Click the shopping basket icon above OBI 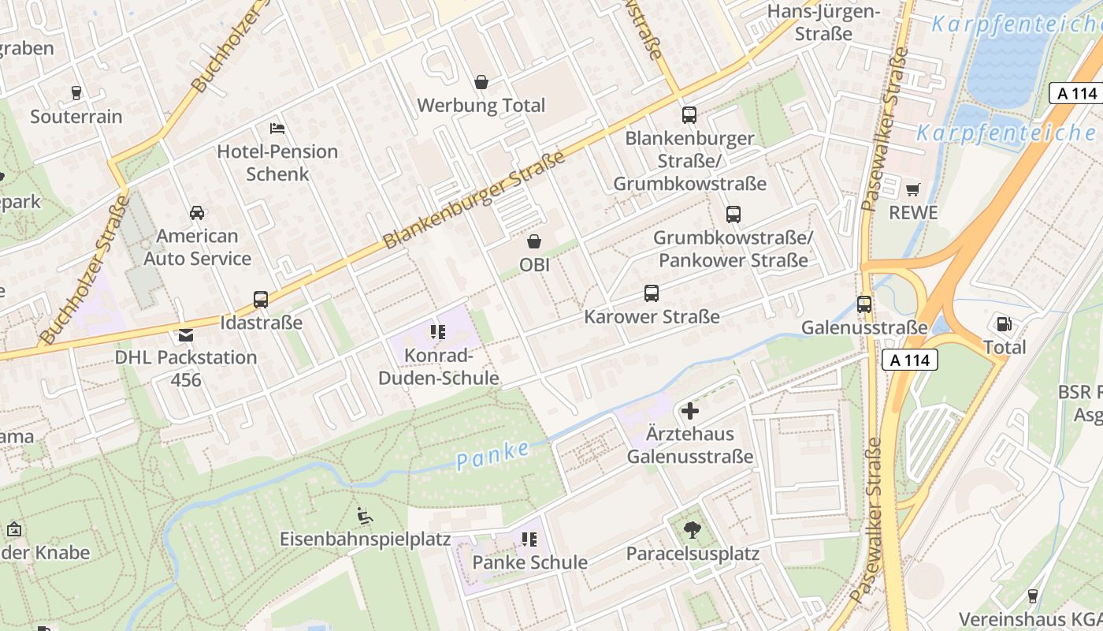pyautogui.click(x=534, y=241)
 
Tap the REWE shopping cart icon pyautogui.click(x=913, y=189)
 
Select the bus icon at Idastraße pyautogui.click(x=261, y=300)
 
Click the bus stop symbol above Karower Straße pyautogui.click(x=652, y=293)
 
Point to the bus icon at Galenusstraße pyautogui.click(x=864, y=304)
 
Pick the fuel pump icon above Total pyautogui.click(x=1004, y=323)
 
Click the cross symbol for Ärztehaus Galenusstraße pyautogui.click(x=690, y=411)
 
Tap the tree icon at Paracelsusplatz pyautogui.click(x=693, y=530)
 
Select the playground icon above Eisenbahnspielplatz pyautogui.click(x=365, y=516)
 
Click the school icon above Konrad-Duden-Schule pyautogui.click(x=438, y=333)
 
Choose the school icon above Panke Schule pyautogui.click(x=529, y=540)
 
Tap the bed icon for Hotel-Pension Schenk pyautogui.click(x=277, y=128)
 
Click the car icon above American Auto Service pyautogui.click(x=197, y=213)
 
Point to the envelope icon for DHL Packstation pyautogui.click(x=186, y=335)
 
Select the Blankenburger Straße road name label pyautogui.click(x=474, y=201)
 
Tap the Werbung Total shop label pyautogui.click(x=481, y=105)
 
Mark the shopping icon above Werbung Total pyautogui.click(x=481, y=82)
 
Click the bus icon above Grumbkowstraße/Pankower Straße pyautogui.click(x=733, y=215)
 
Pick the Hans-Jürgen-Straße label pyautogui.click(x=823, y=22)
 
